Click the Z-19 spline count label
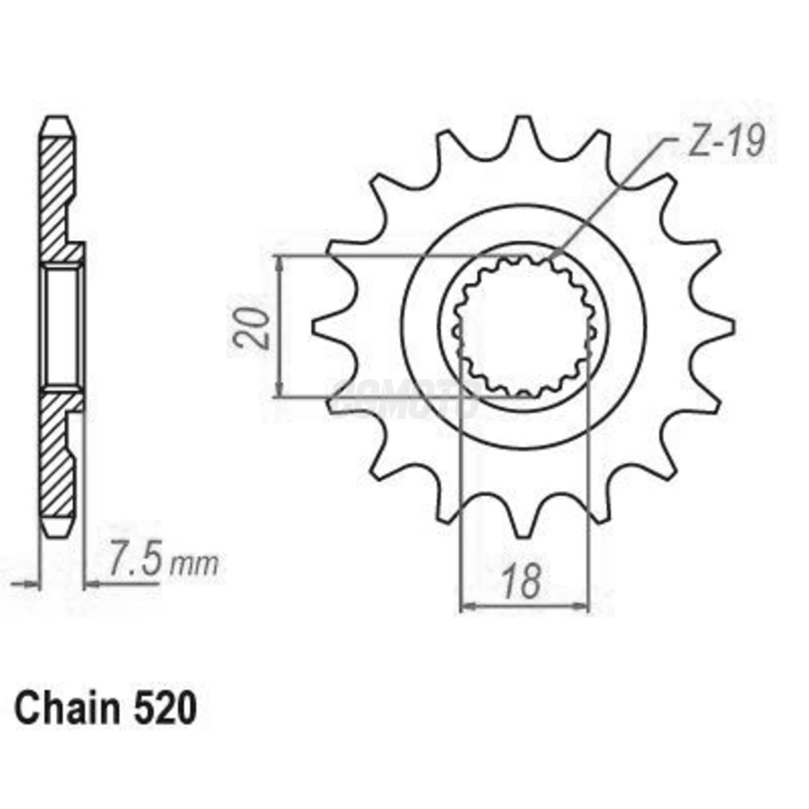point(726,140)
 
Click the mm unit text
point(194,565)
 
